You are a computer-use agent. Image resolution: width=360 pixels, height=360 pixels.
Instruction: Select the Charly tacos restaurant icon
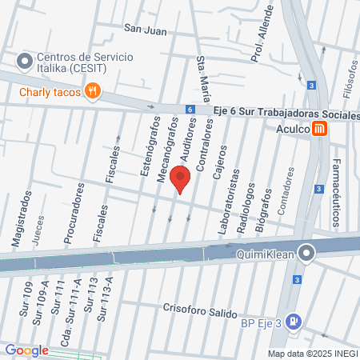[94, 91]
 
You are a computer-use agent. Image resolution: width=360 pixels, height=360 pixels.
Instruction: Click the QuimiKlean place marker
[306, 254]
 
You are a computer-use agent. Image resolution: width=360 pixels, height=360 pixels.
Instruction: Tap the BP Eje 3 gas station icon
[294, 322]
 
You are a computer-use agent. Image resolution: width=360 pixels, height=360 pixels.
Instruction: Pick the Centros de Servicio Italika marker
[24, 60]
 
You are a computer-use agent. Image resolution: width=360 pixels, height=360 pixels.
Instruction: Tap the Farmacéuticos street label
[336, 197]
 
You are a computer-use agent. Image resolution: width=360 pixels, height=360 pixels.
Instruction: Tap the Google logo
[26, 350]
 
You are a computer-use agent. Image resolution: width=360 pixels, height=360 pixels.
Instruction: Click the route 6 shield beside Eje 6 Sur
[189, 110]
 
